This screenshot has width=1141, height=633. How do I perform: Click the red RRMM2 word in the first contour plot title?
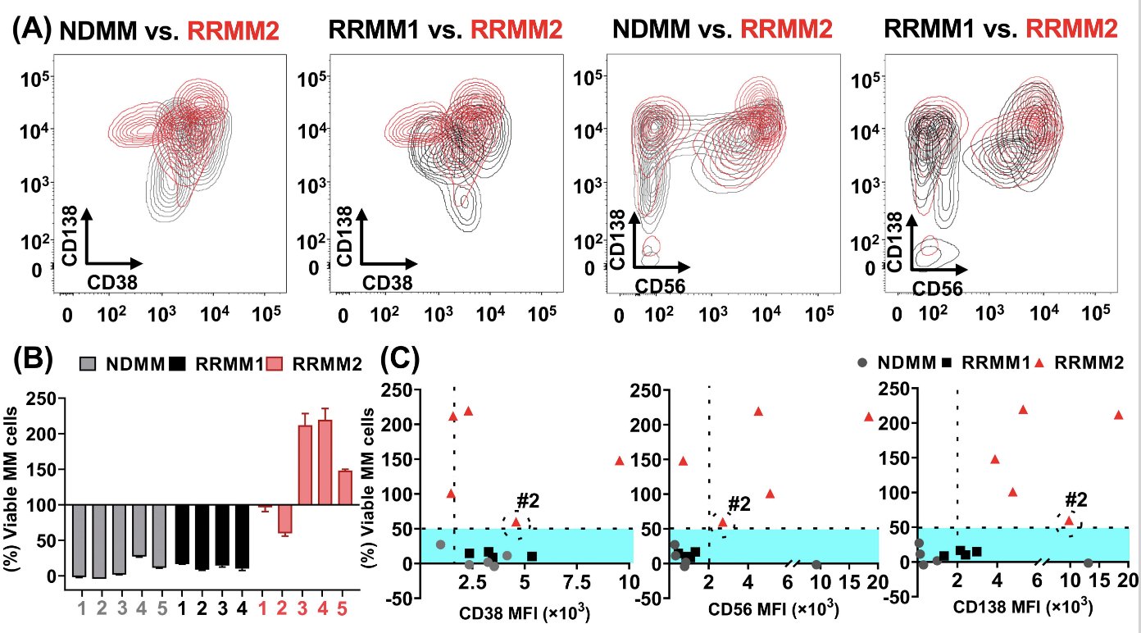point(234,31)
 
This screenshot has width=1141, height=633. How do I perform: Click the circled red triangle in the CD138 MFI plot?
point(1068,520)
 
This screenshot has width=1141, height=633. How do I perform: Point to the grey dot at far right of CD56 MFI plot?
point(816,565)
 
